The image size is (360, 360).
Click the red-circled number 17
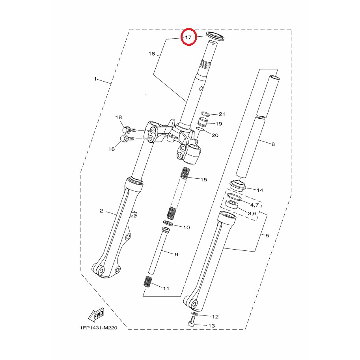click(188, 37)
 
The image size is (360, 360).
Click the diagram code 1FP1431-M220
click(99, 328)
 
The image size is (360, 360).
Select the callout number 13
click(211, 326)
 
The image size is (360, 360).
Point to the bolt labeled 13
click(192, 321)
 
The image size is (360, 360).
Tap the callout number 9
click(176, 254)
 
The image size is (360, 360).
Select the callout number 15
click(203, 179)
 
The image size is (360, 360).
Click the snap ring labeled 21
click(205, 114)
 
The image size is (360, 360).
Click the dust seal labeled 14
click(238, 185)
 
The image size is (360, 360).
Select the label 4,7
click(254, 205)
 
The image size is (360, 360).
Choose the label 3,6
click(252, 214)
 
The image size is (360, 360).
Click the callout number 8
click(273, 144)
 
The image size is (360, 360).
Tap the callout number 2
click(101, 211)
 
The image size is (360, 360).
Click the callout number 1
click(95, 79)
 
